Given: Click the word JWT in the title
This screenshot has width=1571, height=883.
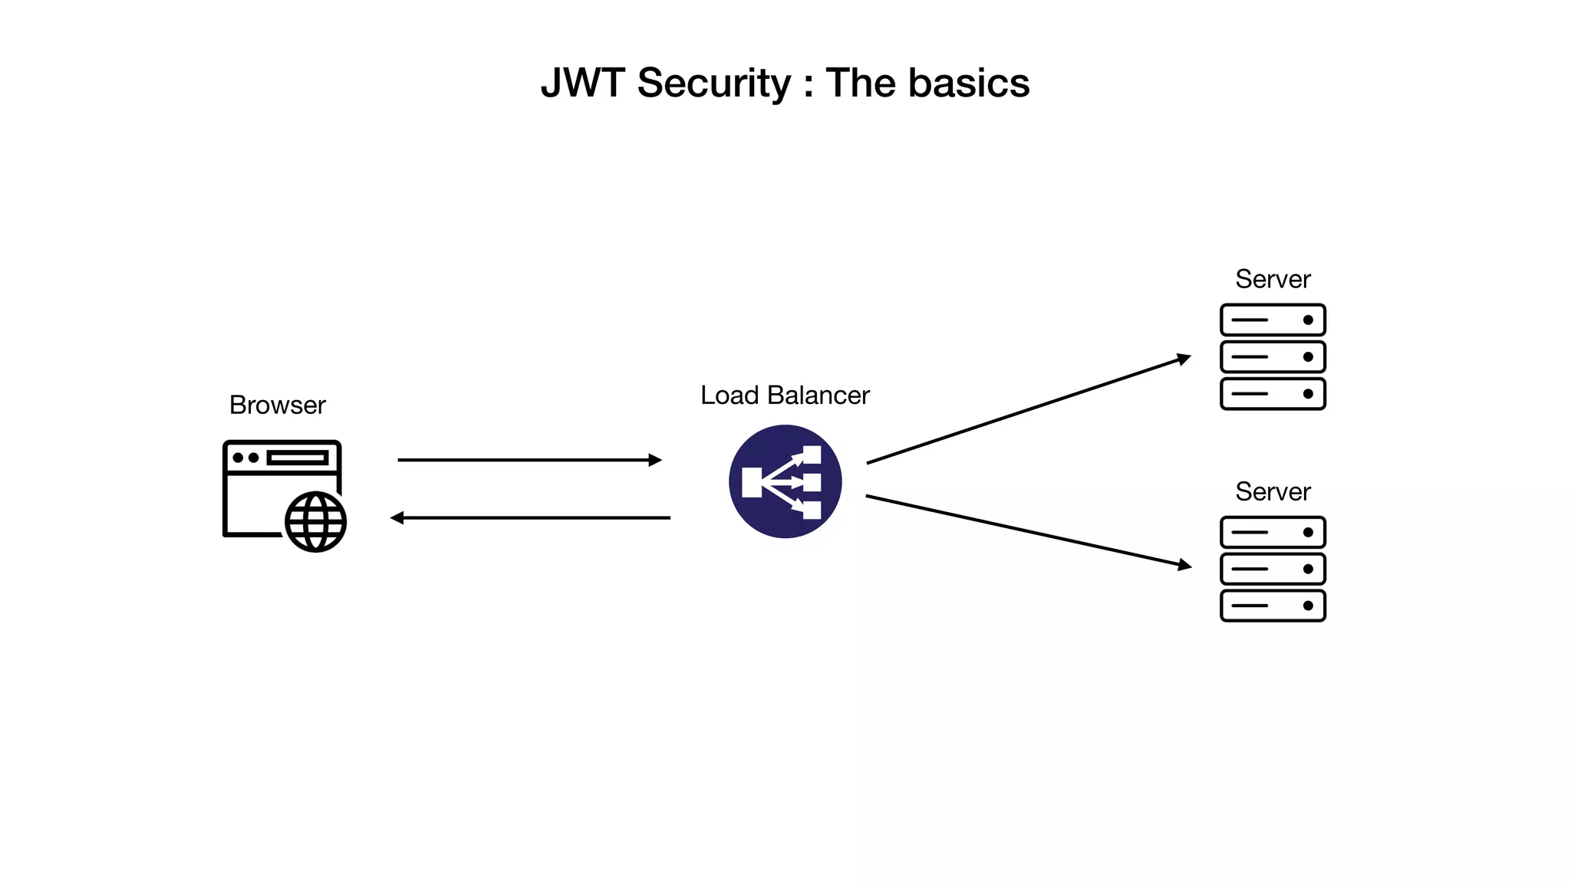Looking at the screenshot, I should click(581, 83).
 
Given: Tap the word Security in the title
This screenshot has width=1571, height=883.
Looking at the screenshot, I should click(713, 83).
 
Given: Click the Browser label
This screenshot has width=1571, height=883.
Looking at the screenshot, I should click(277, 405).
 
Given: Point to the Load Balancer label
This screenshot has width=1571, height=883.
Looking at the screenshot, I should click(785, 395).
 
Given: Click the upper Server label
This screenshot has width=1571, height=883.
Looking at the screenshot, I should click(1273, 279).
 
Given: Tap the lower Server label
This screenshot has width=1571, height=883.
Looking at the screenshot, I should click(1273, 491).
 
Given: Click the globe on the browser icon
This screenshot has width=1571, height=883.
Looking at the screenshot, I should click(315, 522).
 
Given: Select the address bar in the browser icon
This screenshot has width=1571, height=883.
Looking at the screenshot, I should click(298, 458).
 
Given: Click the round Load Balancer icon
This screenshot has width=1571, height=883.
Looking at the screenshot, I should click(785, 481).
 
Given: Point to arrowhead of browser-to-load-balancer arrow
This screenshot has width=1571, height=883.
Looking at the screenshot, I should click(655, 460).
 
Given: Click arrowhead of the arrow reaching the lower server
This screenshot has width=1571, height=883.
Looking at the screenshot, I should click(1185, 566).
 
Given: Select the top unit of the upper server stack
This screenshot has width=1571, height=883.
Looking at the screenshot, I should click(1273, 320).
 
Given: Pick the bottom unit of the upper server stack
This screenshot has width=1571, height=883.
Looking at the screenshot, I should click(1273, 394).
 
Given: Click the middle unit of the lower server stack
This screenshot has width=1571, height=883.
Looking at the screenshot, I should click(1273, 569).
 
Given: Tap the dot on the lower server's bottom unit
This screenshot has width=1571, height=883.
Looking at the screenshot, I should click(1308, 606).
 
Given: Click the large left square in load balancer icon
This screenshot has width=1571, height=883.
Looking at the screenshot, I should click(752, 482).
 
